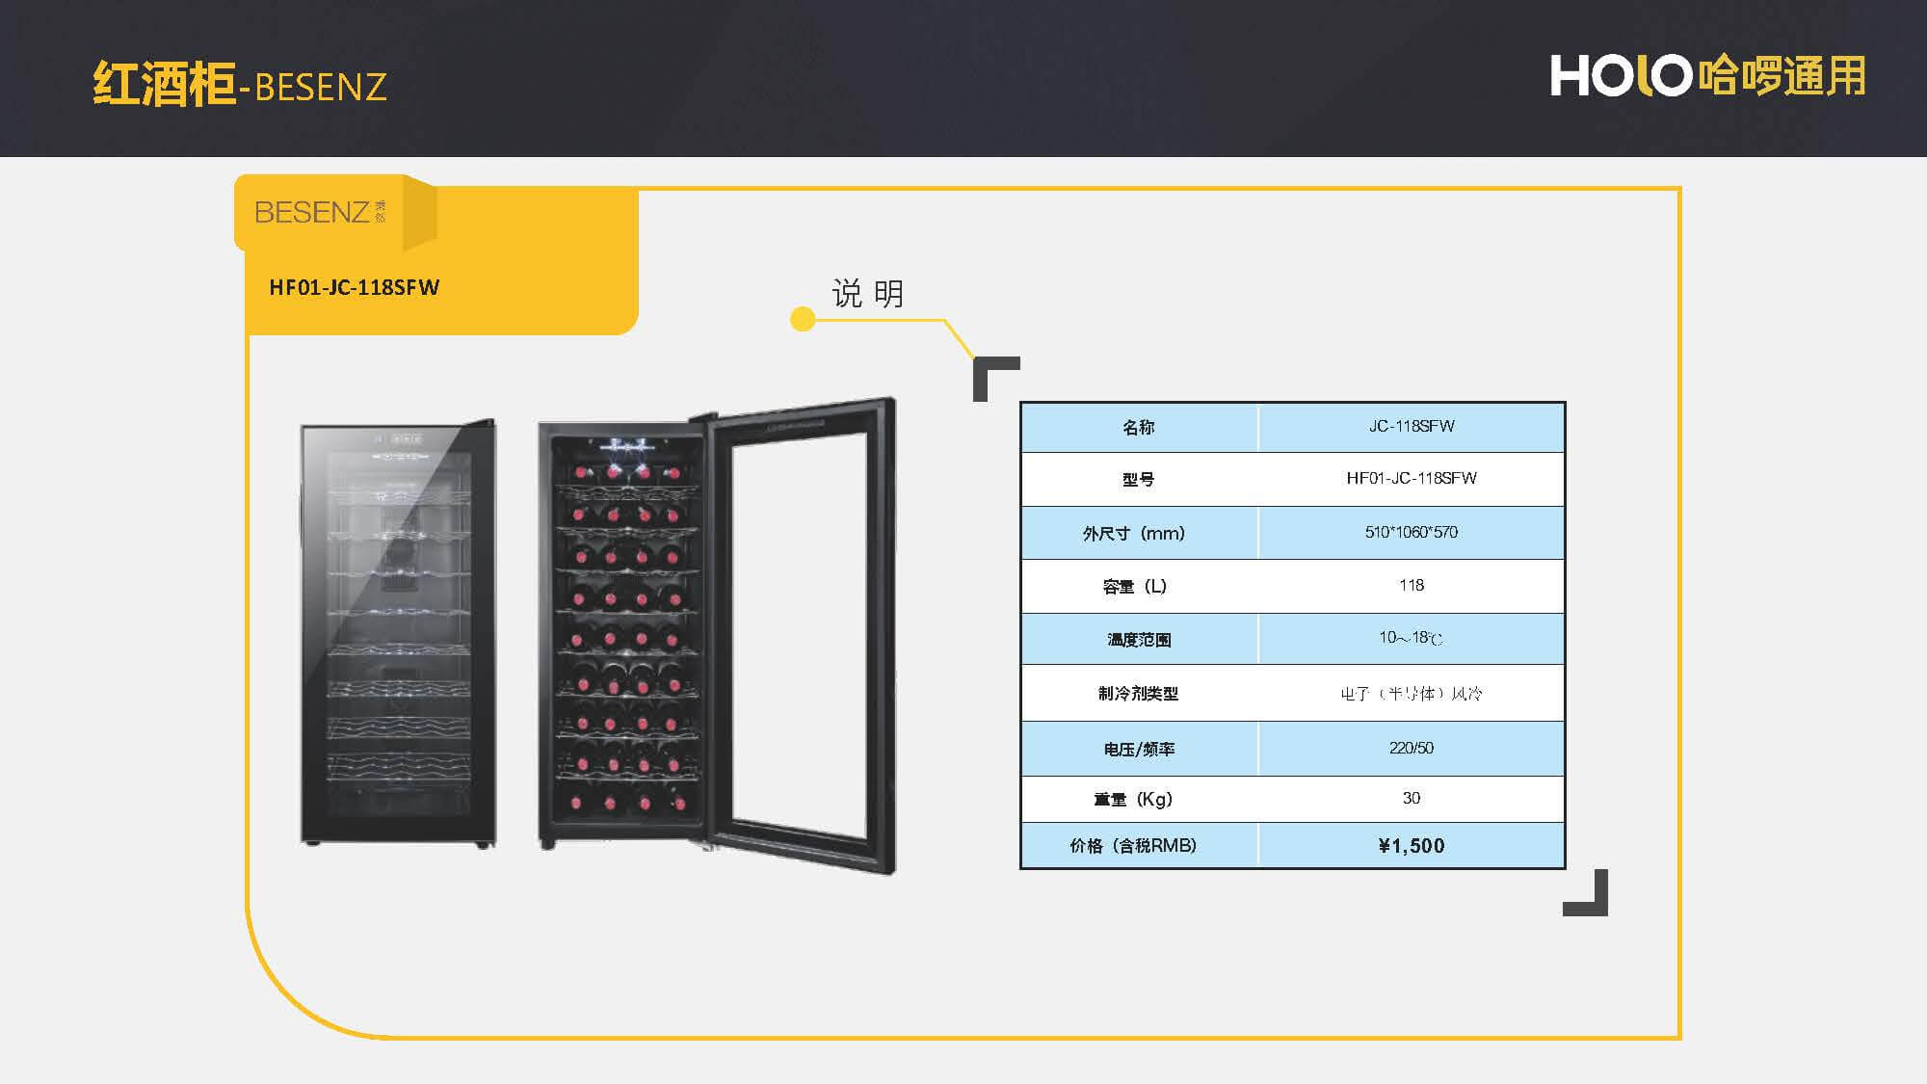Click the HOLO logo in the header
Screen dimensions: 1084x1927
pyautogui.click(x=1706, y=75)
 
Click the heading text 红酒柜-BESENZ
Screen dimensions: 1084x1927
pyautogui.click(x=239, y=85)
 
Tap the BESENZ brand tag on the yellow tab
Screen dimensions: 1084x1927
pyautogui.click(x=319, y=212)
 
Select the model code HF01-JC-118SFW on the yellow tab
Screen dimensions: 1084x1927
pyautogui.click(x=354, y=287)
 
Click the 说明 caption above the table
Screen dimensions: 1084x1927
pyautogui.click(x=867, y=293)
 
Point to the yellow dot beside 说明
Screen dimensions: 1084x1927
pyautogui.click(x=803, y=319)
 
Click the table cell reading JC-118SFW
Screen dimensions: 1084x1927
pyautogui.click(x=1411, y=427)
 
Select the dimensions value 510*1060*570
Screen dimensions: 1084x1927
pyautogui.click(x=1411, y=532)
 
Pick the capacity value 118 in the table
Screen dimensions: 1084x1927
pyautogui.click(x=1411, y=585)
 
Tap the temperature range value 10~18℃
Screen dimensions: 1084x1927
pyautogui.click(x=1411, y=638)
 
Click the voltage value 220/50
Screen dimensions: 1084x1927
pyautogui.click(x=1411, y=748)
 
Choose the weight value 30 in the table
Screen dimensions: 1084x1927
pyautogui.click(x=1411, y=798)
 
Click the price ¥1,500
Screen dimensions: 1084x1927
pyautogui.click(x=1411, y=846)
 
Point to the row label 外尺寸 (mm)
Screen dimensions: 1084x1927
pyautogui.click(x=1134, y=533)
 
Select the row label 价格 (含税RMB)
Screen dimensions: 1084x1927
pyautogui.click(x=1134, y=846)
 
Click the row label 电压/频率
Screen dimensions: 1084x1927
pyautogui.click(x=1139, y=749)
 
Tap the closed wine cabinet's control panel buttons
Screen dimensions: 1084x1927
pyautogui.click(x=399, y=438)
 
